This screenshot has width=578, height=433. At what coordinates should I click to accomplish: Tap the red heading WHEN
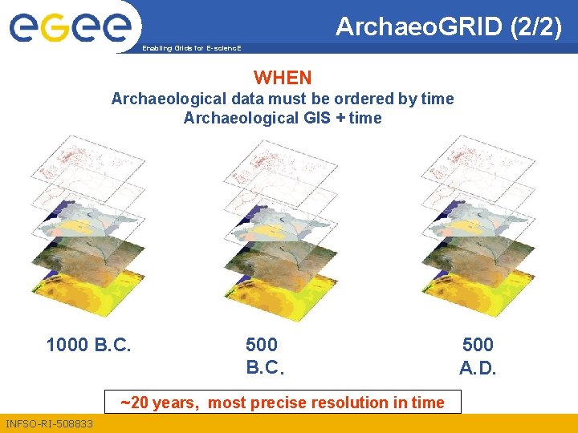283,78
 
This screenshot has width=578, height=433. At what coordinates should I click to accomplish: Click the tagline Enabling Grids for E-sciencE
190,48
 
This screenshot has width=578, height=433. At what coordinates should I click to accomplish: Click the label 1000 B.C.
88,346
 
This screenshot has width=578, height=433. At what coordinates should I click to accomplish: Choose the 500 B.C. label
264,357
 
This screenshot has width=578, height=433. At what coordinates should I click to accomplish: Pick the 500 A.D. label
478,357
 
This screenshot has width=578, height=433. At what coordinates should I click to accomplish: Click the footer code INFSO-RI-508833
49,423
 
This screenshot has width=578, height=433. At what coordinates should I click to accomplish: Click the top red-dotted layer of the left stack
80,157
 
